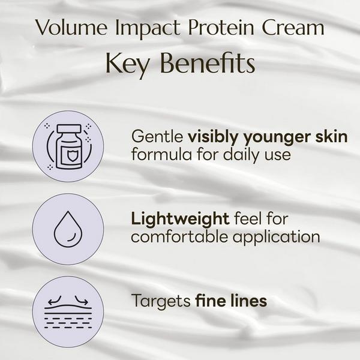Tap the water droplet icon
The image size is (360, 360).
pos(67,229)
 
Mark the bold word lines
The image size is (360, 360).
pos(250,301)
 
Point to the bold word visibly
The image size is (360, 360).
pos(211,137)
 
